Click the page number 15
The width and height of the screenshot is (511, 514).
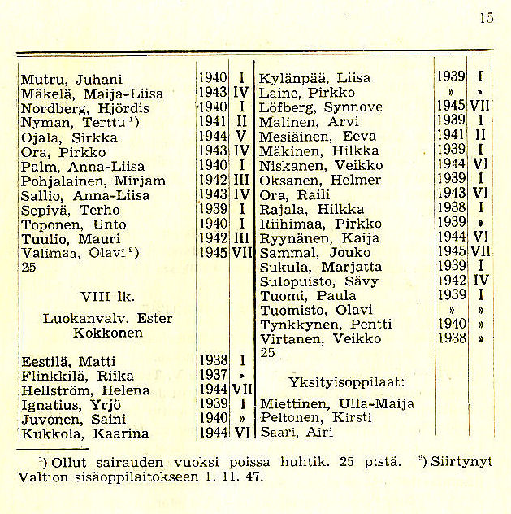486,17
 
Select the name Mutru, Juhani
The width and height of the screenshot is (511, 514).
71,79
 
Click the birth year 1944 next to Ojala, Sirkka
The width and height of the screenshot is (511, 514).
211,137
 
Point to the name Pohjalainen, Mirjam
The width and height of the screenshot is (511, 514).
93,181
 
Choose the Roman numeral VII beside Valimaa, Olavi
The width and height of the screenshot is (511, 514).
241,253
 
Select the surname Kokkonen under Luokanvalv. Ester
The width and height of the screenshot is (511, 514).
96,333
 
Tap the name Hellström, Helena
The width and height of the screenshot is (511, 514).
85,390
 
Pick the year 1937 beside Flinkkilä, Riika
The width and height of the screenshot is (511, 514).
211,375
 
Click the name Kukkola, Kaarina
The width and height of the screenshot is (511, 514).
84,433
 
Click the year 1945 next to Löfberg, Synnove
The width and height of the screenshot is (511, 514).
450,107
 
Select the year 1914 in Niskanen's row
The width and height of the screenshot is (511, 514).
450,165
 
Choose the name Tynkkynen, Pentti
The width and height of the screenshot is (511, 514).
320,325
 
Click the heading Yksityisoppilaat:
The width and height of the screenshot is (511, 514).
347,381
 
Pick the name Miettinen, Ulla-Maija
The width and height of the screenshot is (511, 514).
336,403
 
